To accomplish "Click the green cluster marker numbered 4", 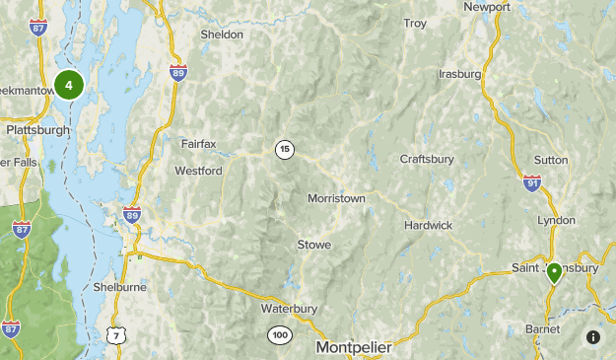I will coord(69,86).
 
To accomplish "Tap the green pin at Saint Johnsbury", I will coord(554,272).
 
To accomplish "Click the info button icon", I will coord(593,336).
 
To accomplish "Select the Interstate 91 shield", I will coord(532,182).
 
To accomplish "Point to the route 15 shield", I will coord(285,150).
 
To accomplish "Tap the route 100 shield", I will coord(281,336).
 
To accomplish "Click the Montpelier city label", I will coord(354,348).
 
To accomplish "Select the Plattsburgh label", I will coord(37,129).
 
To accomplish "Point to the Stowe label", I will coord(313,245).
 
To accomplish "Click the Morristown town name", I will coord(336,198).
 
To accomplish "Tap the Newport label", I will coord(487,6).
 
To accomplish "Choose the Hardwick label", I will coord(428,226).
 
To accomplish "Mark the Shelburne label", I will coord(119,287).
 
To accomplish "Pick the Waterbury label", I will coord(289,309).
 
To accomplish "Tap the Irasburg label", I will coord(459,74).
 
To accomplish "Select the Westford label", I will coord(198,171).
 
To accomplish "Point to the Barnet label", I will coord(542,329).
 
